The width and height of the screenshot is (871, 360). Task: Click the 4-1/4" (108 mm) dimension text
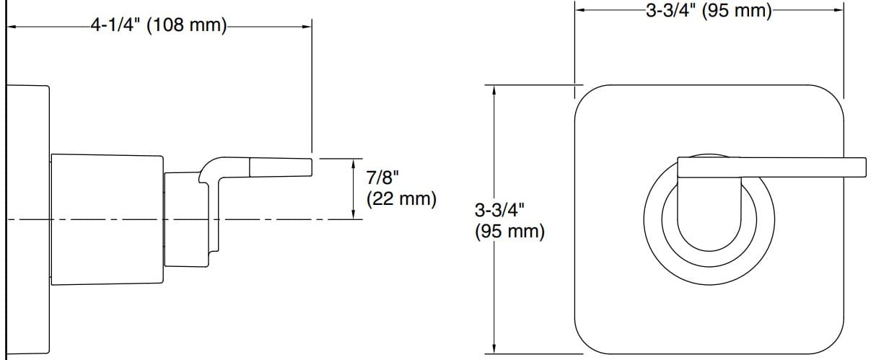tap(158, 27)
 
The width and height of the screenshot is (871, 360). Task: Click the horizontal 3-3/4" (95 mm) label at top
tap(709, 10)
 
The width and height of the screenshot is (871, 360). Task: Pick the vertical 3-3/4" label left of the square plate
tap(499, 211)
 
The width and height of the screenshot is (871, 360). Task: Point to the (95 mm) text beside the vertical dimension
tap(509, 232)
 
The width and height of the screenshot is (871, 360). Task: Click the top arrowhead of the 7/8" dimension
tap(353, 163)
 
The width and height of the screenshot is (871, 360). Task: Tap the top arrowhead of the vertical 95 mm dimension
tap(494, 89)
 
